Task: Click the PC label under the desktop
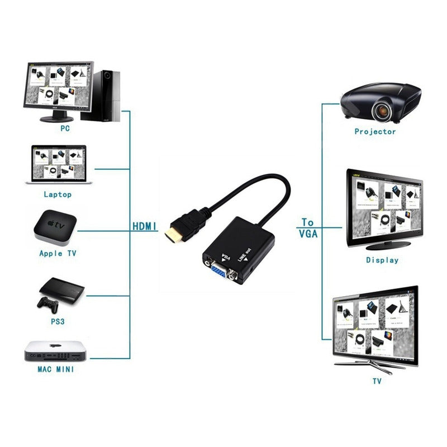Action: tap(65, 128)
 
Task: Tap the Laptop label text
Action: tap(58, 194)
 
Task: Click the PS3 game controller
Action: tap(49, 303)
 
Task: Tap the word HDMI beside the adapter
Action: tap(145, 227)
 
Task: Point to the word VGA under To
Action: tap(307, 234)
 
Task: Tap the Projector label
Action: tap(375, 132)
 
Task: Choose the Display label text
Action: tap(382, 260)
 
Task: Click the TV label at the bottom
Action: tap(377, 381)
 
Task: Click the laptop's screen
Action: tap(58, 163)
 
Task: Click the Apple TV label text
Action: tap(58, 253)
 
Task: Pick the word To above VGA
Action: tap(307, 222)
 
